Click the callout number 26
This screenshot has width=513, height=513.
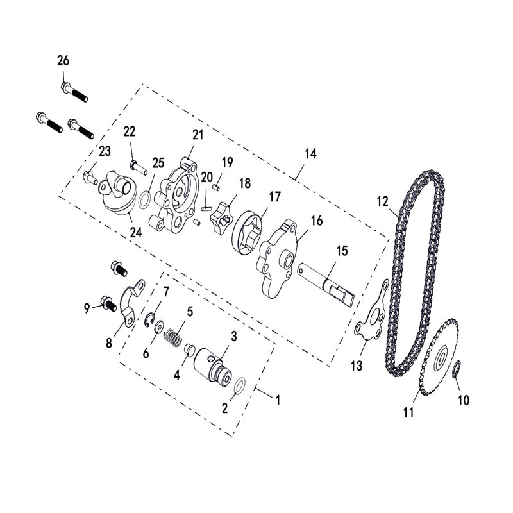pyautogui.click(x=63, y=61)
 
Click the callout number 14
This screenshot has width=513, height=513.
pyautogui.click(x=310, y=154)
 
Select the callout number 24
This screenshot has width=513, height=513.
pyautogui.click(x=135, y=233)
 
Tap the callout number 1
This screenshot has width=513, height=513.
pyautogui.click(x=278, y=401)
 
